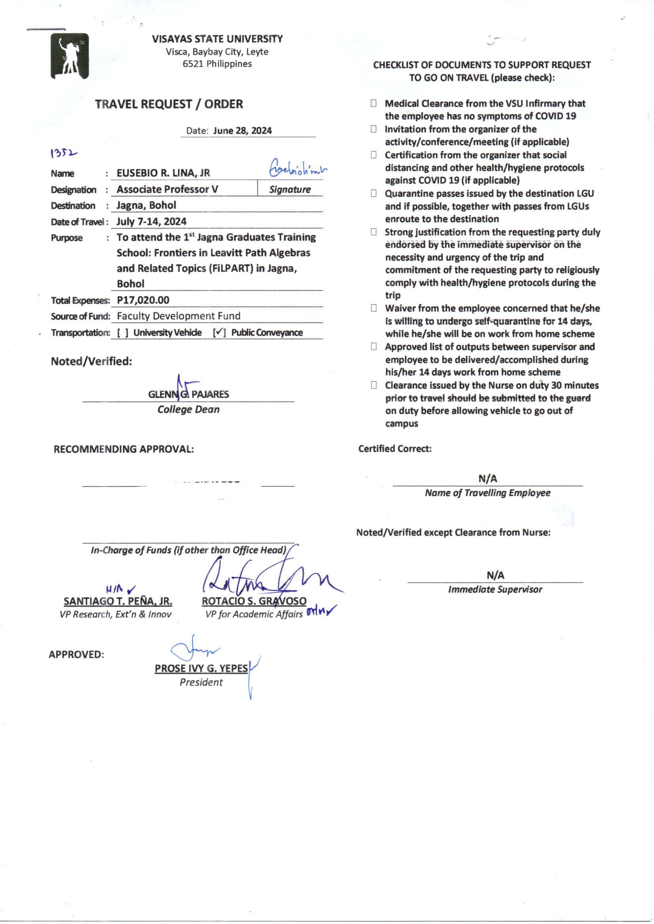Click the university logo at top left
tap(69, 56)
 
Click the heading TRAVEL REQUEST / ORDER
tap(169, 104)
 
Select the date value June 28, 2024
tap(242, 131)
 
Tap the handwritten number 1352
tap(63, 153)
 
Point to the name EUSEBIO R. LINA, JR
tap(163, 173)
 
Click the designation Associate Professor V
tap(167, 189)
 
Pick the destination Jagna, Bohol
tap(146, 205)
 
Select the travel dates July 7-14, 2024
tap(151, 221)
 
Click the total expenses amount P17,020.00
tap(143, 300)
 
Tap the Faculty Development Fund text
tap(178, 316)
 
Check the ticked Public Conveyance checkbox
tap(219, 333)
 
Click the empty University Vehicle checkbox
tap(123, 333)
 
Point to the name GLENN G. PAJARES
tap(189, 394)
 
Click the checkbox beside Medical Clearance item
tap(374, 104)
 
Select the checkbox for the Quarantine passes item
tap(374, 194)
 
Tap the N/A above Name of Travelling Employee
tap(488, 479)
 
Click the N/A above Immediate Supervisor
tap(495, 575)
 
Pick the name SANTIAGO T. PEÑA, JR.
tap(117, 601)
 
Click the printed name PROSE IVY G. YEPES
tap(201, 668)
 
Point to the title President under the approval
tap(201, 683)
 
